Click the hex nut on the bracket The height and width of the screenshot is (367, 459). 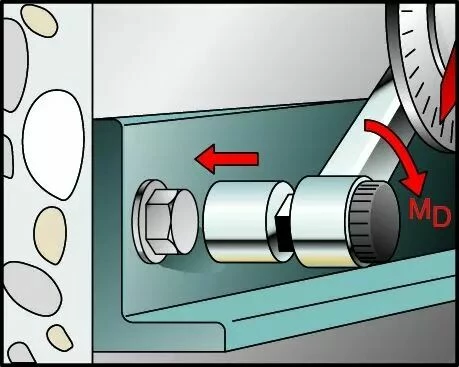tap(160, 221)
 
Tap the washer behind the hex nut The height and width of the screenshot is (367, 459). tap(139, 221)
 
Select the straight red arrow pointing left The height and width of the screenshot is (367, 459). tap(226, 159)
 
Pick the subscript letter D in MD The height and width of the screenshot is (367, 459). tap(442, 217)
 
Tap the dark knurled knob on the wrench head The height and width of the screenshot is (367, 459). tap(373, 223)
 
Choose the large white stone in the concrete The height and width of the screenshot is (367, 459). tap(54, 144)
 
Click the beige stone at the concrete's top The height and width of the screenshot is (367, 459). tap(39, 21)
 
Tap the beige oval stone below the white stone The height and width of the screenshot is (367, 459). tap(50, 235)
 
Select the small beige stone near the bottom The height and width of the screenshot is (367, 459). tap(60, 337)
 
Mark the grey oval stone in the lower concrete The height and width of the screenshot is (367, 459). tap(32, 288)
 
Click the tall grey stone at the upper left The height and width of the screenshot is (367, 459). tap(15, 65)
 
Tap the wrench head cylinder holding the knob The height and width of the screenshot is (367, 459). tap(325, 221)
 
